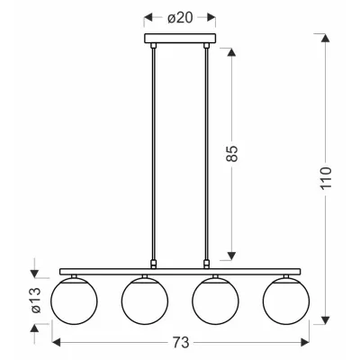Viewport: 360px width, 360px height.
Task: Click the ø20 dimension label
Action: (180, 19)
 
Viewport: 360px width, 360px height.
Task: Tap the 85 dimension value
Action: (231, 154)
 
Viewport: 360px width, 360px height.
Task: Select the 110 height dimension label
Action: (326, 177)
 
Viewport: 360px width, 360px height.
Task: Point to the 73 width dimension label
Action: (181, 342)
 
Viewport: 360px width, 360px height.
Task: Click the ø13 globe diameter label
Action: (36, 301)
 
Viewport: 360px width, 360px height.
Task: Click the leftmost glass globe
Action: (74, 301)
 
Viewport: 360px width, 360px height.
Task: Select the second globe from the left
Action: (145, 301)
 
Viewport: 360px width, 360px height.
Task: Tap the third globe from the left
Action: (215, 301)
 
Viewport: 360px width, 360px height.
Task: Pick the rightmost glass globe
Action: (286, 301)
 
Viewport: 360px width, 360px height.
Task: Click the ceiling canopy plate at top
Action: (180, 38)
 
